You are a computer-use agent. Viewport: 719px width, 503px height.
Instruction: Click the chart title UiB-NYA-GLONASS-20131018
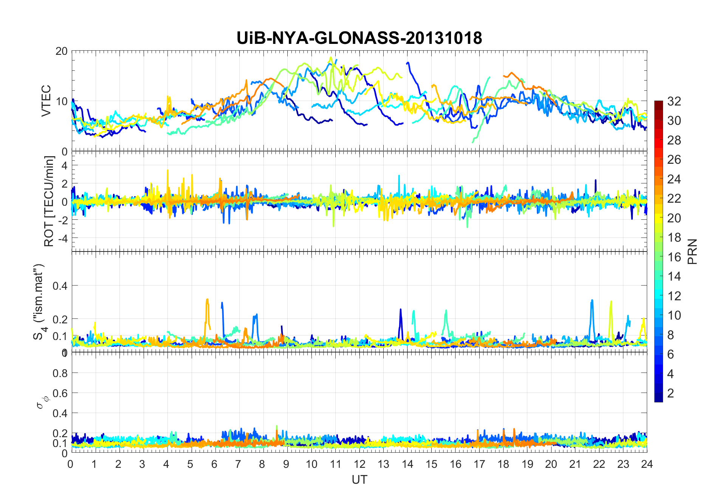pos(359,38)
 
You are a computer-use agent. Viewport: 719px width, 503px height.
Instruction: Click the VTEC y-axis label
pos(46,101)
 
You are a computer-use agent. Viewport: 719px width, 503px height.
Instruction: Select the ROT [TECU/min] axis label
pos(49,201)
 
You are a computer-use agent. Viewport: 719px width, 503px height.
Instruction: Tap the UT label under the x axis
pos(359,480)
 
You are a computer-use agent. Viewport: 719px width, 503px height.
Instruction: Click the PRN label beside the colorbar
pos(692,251)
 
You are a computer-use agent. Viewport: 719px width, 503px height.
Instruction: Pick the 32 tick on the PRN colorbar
pos(674,101)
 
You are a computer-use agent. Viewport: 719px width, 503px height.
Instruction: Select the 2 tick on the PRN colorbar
pos(671,393)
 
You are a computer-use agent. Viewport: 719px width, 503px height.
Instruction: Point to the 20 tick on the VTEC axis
pos(61,51)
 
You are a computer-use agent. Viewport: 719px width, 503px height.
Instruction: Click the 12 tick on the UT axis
pos(359,464)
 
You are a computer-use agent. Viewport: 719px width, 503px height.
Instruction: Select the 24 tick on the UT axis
pos(647,464)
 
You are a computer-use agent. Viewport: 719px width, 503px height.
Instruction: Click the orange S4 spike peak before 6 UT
pos(207,300)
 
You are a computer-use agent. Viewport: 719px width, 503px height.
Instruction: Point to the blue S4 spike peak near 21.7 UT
pos(592,301)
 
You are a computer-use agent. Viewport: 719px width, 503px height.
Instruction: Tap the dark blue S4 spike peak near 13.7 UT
pos(401,309)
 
